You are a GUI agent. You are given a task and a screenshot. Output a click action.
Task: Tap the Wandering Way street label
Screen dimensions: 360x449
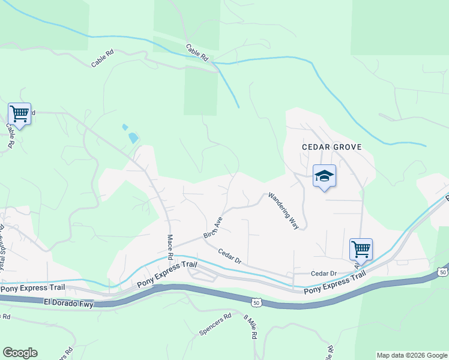pyautogui.click(x=283, y=211)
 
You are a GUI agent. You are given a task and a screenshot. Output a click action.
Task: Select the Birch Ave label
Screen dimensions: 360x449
pyautogui.click(x=213, y=227)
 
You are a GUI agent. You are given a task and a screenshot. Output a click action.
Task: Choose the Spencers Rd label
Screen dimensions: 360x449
pyautogui.click(x=215, y=325)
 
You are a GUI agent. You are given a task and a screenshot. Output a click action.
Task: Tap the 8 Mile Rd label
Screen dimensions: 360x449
pyautogui.click(x=250, y=326)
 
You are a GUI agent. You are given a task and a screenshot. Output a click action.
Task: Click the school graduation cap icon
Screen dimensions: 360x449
pyautogui.click(x=324, y=176)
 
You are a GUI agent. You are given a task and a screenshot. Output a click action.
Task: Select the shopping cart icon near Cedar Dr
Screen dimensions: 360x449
pyautogui.click(x=361, y=248)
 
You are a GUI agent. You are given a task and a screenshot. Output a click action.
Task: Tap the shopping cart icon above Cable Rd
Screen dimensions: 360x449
pyautogui.click(x=19, y=113)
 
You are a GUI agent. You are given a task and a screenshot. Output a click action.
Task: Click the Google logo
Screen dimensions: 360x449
pyautogui.click(x=20, y=353)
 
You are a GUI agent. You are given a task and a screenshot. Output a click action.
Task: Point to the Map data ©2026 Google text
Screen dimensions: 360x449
pyautogui.click(x=411, y=355)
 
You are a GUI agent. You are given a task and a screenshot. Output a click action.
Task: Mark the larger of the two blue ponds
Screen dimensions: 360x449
pyautogui.click(x=133, y=138)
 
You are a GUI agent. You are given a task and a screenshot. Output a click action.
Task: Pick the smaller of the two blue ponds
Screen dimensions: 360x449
pyautogui.click(x=125, y=127)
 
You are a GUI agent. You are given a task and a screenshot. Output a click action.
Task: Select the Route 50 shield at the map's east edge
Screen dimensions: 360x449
pyautogui.click(x=443, y=272)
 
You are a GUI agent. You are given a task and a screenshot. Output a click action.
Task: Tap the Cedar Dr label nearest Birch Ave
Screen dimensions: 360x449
pyautogui.click(x=229, y=256)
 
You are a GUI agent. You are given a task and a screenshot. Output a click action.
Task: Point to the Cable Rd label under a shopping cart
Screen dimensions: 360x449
pyautogui.click(x=10, y=135)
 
